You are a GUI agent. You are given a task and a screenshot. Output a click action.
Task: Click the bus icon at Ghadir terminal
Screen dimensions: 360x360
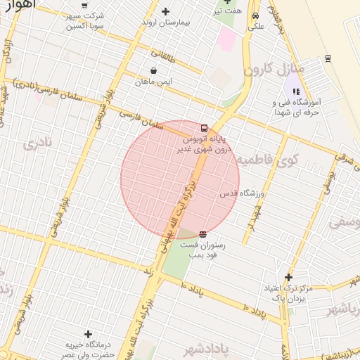point(204,128)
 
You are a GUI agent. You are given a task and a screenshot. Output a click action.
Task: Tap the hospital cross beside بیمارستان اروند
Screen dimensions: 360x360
point(166,11)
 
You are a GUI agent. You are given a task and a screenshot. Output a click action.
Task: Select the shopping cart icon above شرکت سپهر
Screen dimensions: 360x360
point(85,4)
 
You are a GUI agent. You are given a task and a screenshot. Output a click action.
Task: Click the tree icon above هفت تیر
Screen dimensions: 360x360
point(227,2)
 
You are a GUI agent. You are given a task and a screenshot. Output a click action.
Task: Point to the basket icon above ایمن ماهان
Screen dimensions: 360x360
point(154,70)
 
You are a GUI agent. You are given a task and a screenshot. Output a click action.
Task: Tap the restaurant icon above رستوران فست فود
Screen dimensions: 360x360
point(202,233)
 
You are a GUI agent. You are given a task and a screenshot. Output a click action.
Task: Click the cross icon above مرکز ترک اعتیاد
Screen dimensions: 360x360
point(288,278)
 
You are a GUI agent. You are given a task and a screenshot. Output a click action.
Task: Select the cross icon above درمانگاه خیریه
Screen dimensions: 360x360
point(88,334)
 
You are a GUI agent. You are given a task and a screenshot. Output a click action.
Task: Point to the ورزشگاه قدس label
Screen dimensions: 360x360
point(240,193)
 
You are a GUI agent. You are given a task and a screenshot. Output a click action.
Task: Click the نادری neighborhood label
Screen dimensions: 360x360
point(38,146)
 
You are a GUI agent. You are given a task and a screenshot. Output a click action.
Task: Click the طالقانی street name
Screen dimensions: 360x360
point(165,53)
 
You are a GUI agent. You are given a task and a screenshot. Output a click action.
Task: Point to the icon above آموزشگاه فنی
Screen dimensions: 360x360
point(296,91)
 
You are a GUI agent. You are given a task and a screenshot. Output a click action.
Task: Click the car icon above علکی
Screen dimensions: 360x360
point(255,15)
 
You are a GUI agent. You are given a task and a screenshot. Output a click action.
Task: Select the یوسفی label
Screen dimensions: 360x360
point(345,222)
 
